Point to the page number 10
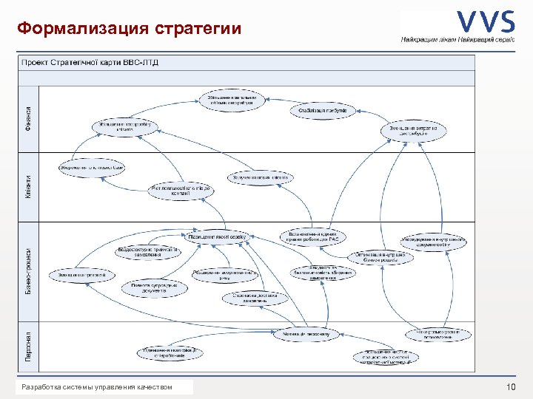(510, 387)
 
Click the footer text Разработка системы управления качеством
(97, 387)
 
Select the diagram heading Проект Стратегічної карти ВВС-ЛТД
(90, 62)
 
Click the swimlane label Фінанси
(28, 118)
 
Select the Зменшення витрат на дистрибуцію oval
(414, 131)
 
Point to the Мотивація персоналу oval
(306, 334)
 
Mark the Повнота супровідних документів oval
(154, 287)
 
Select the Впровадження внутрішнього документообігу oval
(434, 242)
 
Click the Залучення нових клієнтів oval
(261, 177)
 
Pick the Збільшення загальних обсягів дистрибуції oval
(232, 100)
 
